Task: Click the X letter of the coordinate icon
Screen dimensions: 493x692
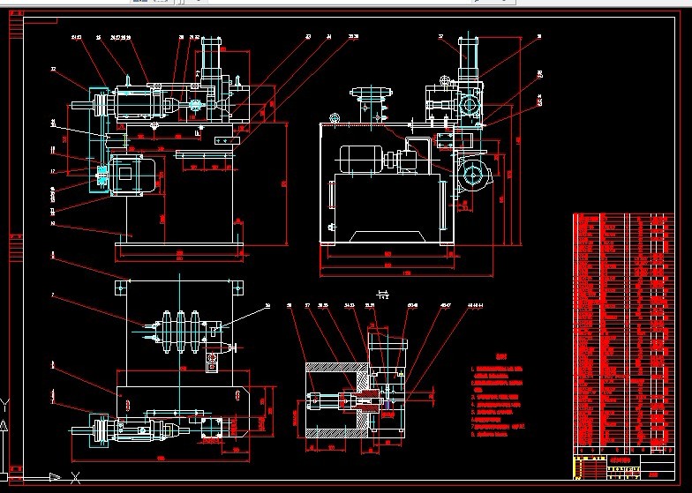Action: click(x=56, y=478)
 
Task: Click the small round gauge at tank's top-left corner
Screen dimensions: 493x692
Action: click(x=334, y=118)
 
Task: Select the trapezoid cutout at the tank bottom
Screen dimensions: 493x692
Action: click(x=387, y=235)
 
